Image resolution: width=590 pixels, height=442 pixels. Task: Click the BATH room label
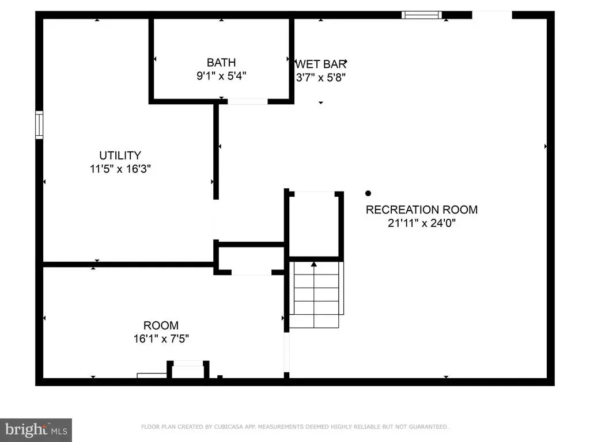click(x=221, y=62)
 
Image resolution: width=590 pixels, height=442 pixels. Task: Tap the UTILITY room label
click(x=120, y=155)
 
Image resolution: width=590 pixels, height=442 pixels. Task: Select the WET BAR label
click(x=320, y=64)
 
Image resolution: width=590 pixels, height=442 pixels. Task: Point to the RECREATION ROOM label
click(x=421, y=209)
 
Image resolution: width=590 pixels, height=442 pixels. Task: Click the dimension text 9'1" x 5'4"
click(x=221, y=76)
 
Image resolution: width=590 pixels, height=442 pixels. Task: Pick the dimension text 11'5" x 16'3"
click(x=120, y=169)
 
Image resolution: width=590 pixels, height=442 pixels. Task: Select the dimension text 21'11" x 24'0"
click(x=421, y=223)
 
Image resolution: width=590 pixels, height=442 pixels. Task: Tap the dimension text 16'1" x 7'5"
click(x=161, y=338)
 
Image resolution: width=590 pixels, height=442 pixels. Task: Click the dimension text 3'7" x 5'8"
click(x=320, y=78)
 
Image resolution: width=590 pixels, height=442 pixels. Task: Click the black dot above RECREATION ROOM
click(x=368, y=193)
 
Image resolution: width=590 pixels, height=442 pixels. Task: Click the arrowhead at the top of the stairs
click(x=314, y=264)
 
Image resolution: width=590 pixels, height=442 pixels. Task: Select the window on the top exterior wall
click(x=421, y=15)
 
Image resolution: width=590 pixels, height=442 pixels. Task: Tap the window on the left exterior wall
click(x=39, y=125)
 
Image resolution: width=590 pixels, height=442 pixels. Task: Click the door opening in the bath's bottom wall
click(x=248, y=101)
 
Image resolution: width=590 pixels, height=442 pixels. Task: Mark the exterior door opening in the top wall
click(x=492, y=15)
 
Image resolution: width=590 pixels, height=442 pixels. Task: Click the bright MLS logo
click(x=36, y=430)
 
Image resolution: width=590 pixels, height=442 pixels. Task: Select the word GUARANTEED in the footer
click(x=429, y=426)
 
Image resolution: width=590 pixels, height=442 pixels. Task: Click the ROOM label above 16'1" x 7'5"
click(x=161, y=325)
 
